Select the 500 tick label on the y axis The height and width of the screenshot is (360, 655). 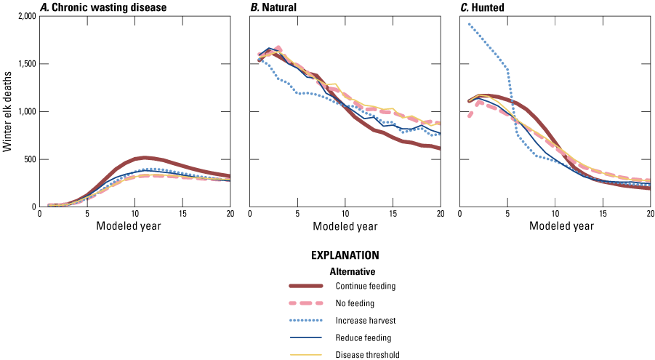[24, 159]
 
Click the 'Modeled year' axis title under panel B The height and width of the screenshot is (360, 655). [345, 226]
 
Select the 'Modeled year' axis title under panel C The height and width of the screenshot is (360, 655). [555, 226]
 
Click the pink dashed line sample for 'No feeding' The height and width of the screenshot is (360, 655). [316, 303]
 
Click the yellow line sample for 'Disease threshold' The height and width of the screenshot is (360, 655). [316, 355]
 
